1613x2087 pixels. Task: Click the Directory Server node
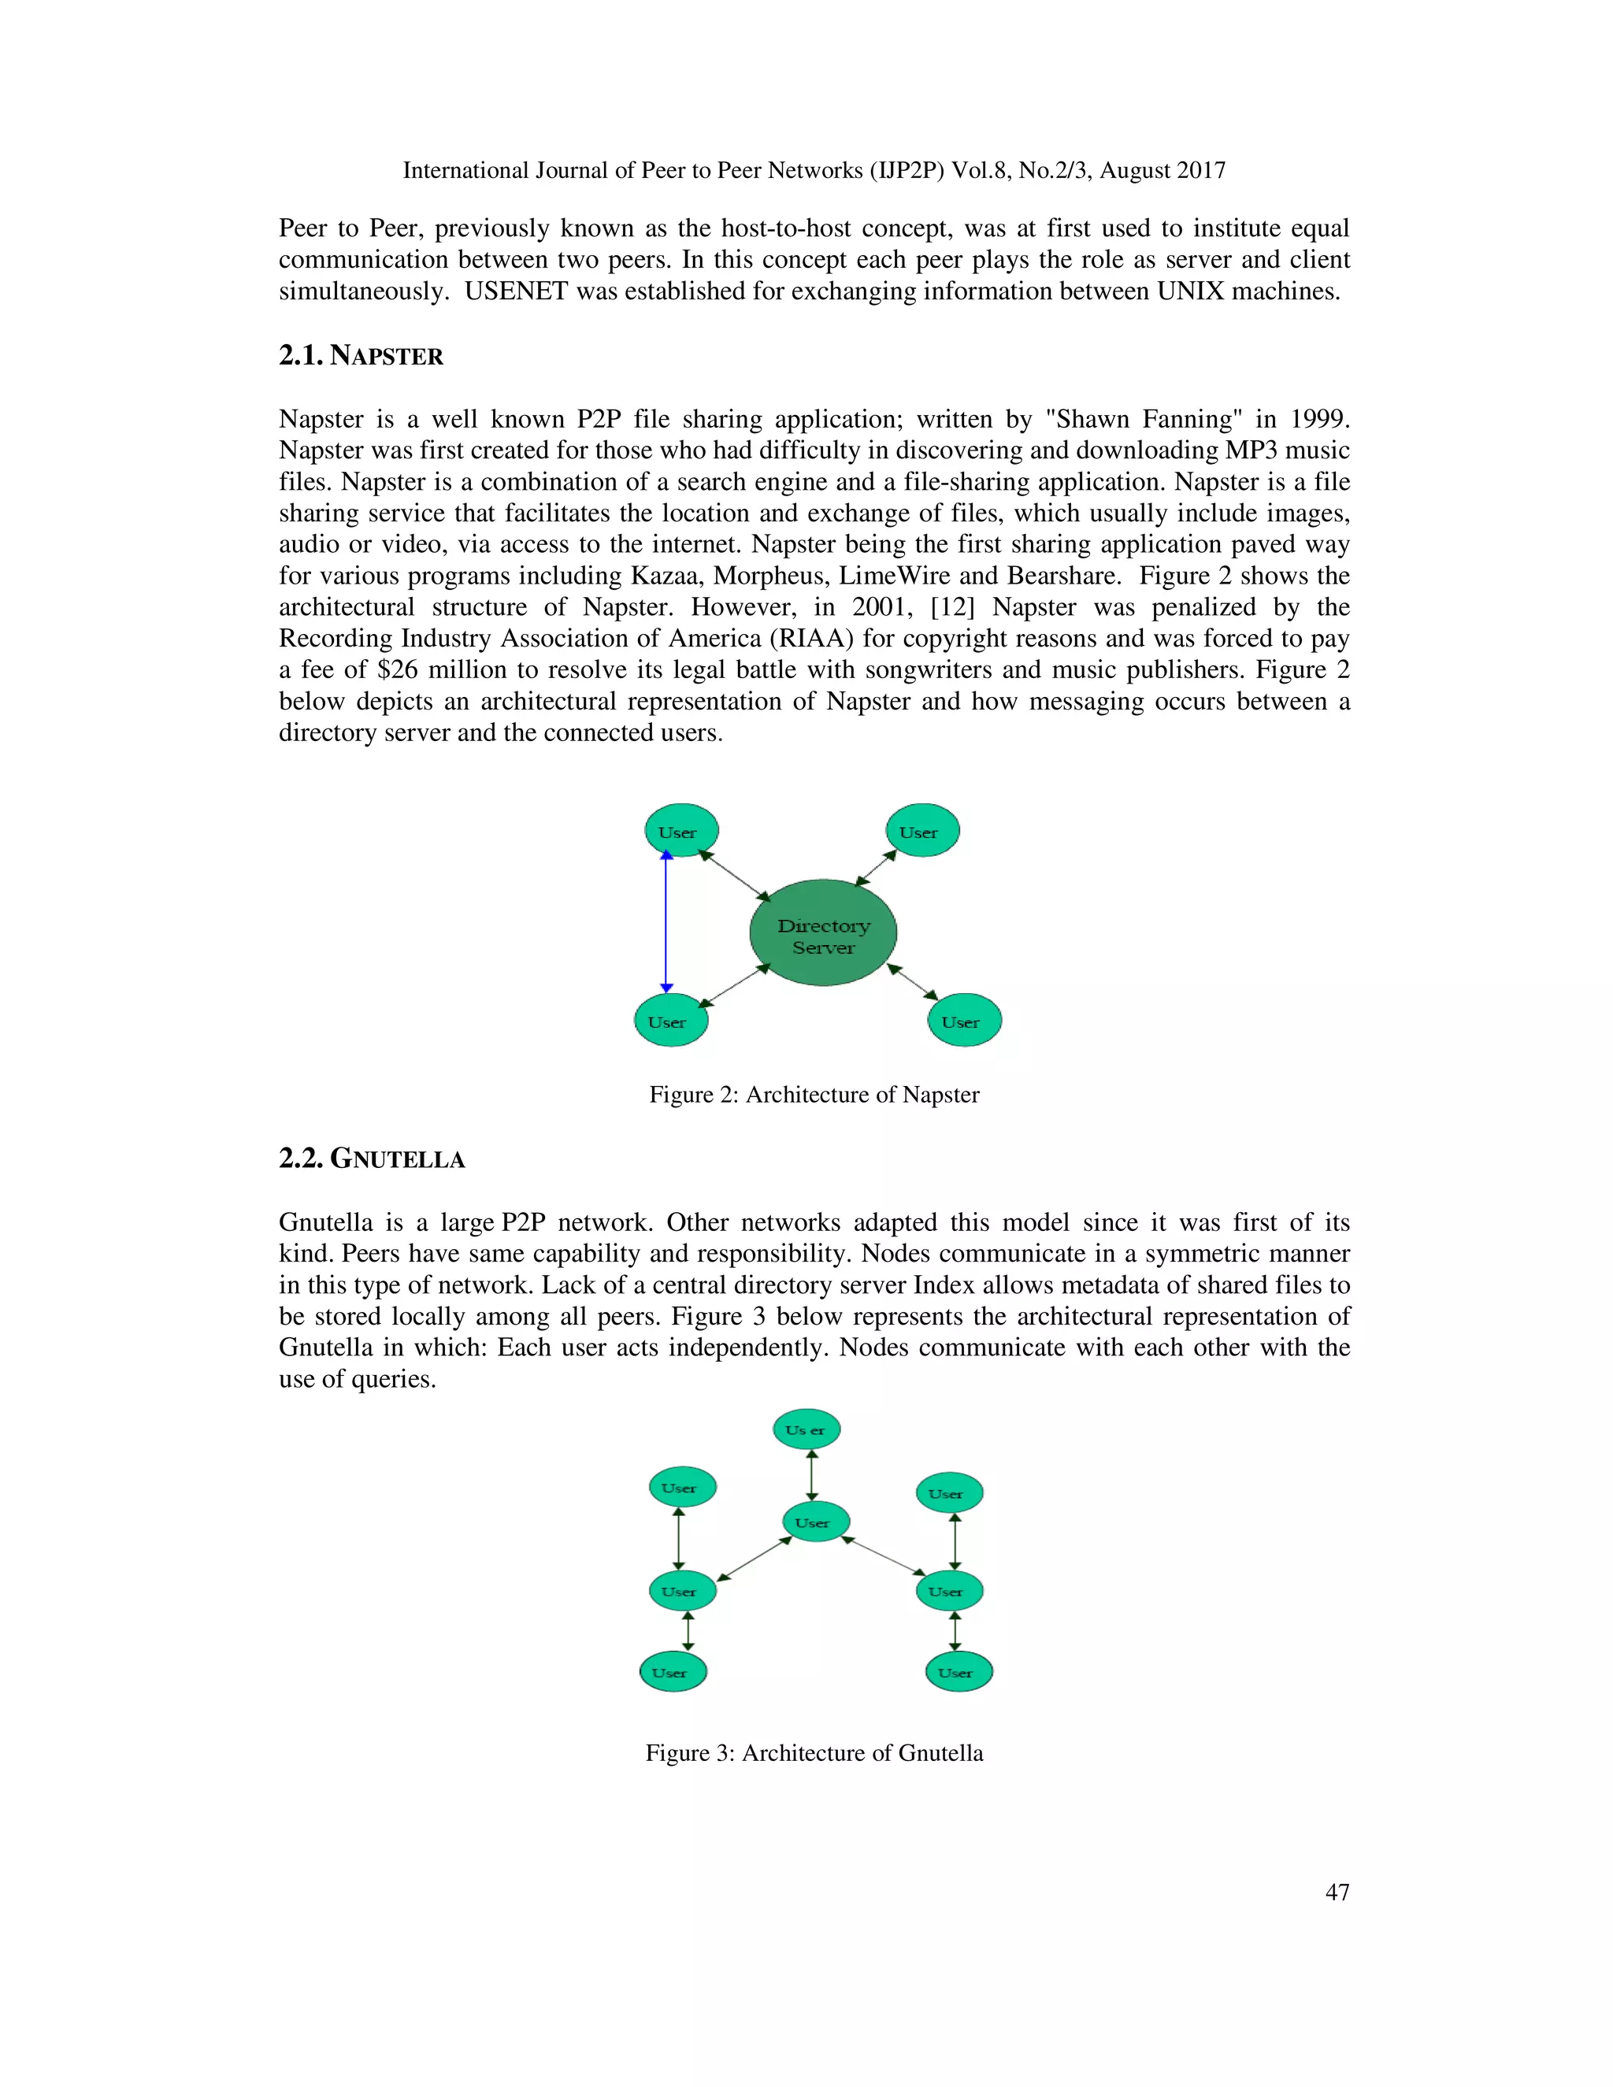[823, 933]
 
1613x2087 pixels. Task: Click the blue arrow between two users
[667, 922]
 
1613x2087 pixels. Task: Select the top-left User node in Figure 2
[681, 830]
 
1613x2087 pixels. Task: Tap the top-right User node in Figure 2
[922, 830]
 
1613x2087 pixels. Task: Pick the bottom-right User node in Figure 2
[964, 1021]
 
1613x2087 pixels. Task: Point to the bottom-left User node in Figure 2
[671, 1021]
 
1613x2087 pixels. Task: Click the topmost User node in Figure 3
[806, 1429]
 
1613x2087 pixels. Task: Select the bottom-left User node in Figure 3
[673, 1672]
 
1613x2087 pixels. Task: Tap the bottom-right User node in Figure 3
[959, 1672]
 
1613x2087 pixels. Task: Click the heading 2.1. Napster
[362, 357]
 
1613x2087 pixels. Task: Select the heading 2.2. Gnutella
[372, 1159]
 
